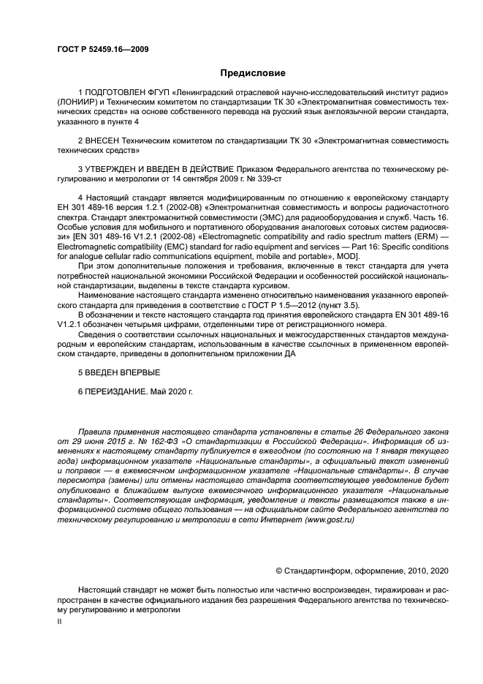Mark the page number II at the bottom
click(61, 619)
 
